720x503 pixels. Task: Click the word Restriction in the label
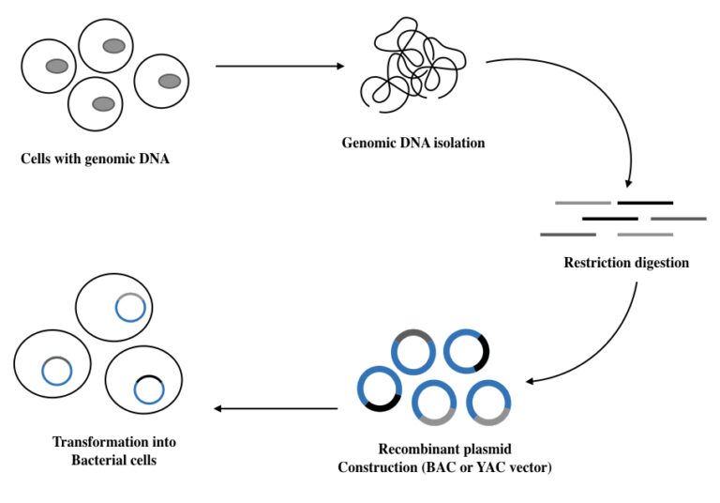pos(594,263)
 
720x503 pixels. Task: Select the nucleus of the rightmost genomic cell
pos(169,81)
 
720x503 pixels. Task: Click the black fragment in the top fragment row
pos(644,202)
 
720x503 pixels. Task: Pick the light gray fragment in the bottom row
pos(645,234)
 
